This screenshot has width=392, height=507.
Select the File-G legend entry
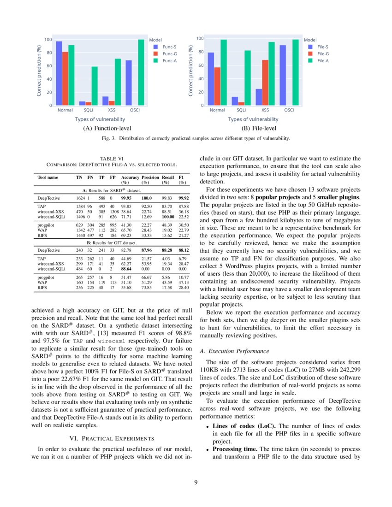(323, 53)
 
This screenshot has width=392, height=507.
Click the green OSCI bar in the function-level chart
(141, 73)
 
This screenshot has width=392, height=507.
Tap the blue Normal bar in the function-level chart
(59, 74)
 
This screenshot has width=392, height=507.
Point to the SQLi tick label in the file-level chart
(241, 110)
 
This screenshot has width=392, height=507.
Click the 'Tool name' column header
(48, 177)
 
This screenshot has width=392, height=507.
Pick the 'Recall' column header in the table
(168, 177)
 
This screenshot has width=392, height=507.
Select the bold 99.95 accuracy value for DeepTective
(127, 197)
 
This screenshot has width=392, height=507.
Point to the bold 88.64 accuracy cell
(127, 268)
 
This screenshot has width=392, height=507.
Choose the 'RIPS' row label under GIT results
(42, 287)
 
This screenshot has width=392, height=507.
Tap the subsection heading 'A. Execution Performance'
(234, 351)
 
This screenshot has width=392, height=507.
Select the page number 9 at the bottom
(196, 483)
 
